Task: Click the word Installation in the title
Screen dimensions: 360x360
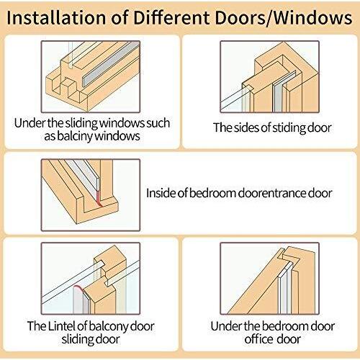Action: (x=56, y=18)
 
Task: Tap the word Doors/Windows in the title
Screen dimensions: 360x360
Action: (x=284, y=18)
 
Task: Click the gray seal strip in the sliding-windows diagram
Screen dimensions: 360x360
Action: (x=111, y=65)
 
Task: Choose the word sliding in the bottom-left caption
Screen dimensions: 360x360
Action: (x=74, y=339)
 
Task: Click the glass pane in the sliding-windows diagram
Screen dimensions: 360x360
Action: (x=71, y=53)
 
